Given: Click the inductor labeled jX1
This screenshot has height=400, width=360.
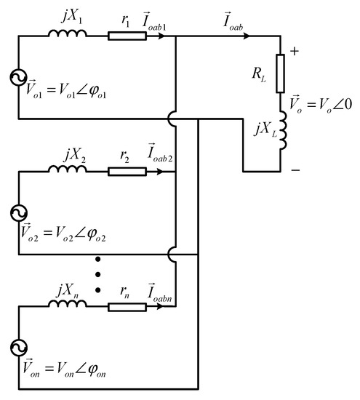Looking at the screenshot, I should point(68,32).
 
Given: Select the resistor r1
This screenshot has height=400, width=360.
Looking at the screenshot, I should point(121,34).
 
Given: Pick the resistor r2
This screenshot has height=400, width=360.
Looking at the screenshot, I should point(121,172).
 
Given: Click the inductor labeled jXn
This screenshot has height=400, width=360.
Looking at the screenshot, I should point(68,306).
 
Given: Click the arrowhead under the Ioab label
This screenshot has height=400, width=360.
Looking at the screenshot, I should point(239,34).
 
